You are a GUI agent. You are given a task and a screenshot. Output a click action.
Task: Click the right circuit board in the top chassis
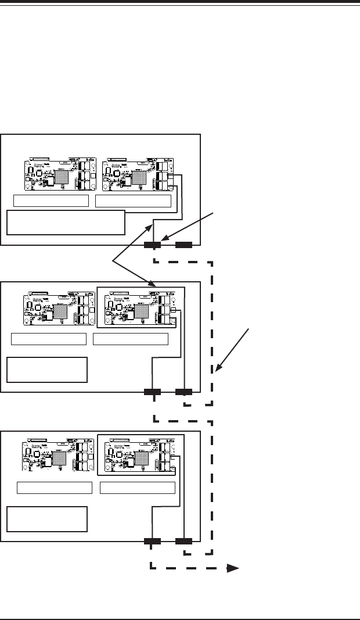(x=137, y=174)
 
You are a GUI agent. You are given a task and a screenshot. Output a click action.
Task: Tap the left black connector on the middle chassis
(x=152, y=392)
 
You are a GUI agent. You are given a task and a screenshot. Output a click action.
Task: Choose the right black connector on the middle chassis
(x=184, y=392)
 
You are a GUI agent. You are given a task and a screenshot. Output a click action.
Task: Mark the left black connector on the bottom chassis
(x=152, y=542)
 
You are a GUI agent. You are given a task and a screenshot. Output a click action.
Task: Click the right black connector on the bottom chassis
(x=184, y=542)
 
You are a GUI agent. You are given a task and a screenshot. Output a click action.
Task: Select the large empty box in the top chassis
(x=66, y=223)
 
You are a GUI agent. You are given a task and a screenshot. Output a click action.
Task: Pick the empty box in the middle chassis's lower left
(x=47, y=370)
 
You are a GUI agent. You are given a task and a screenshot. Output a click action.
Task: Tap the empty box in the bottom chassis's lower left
(x=47, y=519)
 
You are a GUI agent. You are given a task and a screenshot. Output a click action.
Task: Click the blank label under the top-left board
(x=51, y=201)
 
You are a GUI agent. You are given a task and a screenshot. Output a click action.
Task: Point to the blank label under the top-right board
(x=134, y=201)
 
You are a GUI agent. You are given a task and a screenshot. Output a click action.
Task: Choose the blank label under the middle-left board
(x=49, y=339)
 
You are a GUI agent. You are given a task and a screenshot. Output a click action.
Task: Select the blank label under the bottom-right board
(x=138, y=487)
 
